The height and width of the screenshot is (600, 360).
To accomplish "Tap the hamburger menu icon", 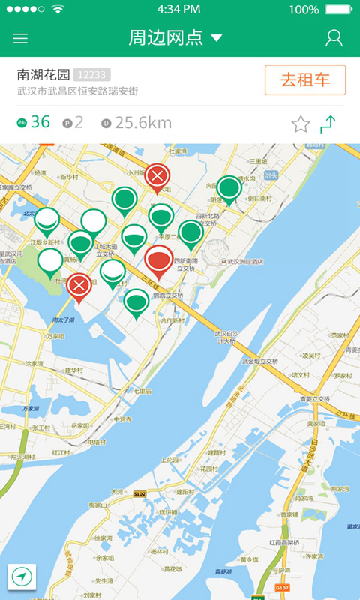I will pos(20,38).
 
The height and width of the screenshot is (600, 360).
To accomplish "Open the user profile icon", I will pos(334,38).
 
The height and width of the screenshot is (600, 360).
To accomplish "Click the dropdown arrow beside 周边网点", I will pos(217,38).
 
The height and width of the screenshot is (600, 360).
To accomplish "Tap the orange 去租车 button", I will pos(305,80).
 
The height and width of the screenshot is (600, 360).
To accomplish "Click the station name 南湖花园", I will pos(43,75).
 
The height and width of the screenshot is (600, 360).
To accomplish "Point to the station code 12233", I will pos(92,75).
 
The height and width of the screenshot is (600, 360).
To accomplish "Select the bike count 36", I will pos(40,122).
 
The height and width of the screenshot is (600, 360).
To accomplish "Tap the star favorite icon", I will pos(301,124).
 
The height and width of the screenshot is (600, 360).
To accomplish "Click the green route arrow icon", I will pos(328,124).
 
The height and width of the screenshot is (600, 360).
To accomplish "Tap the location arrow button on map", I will pos(22,577).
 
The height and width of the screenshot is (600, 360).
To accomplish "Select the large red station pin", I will pos(158,260).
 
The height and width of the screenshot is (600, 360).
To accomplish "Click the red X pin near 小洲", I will pos(157,177).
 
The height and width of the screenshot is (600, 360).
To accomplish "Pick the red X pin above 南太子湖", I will pos(79,285).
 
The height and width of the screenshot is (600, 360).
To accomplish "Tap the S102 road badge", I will pos(139,494).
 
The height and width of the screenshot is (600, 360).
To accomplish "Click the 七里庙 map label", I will pos(142,391).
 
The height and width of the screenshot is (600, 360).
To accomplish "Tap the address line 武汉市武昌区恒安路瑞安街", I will pos(77,91).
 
